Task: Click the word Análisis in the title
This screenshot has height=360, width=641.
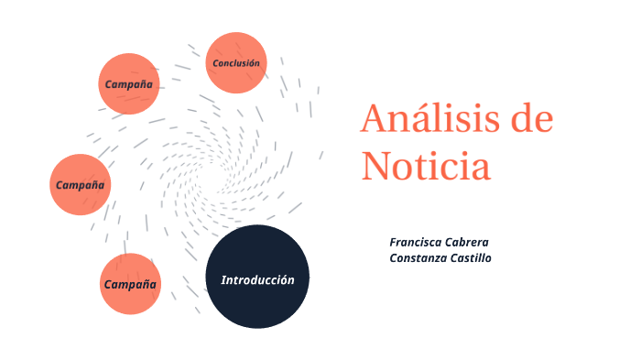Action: pyautogui.click(x=427, y=120)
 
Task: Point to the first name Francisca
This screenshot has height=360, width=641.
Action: pyautogui.click(x=418, y=242)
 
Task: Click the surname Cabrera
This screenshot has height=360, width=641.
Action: pyautogui.click(x=469, y=242)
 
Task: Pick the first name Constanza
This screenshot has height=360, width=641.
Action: pyautogui.click(x=419, y=258)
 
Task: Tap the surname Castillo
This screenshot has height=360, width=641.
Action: pyautogui.click(x=473, y=258)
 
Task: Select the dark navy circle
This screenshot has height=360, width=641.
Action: pyautogui.click(x=257, y=276)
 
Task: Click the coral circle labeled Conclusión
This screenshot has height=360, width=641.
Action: pyautogui.click(x=236, y=63)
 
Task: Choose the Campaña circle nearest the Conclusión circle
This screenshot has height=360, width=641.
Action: pyautogui.click(x=129, y=83)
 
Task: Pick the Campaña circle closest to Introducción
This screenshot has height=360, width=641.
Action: pyautogui.click(x=130, y=284)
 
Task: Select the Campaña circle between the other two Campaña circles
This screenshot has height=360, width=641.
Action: pyautogui.click(x=80, y=185)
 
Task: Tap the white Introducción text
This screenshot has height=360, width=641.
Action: pyautogui.click(x=257, y=280)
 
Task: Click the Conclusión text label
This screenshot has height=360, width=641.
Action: pyautogui.click(x=236, y=63)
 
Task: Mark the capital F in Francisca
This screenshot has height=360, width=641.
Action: pyautogui.click(x=393, y=242)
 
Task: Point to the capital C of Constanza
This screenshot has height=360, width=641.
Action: pyautogui.click(x=394, y=258)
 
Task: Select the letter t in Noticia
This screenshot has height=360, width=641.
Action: pyautogui.click(x=429, y=167)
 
